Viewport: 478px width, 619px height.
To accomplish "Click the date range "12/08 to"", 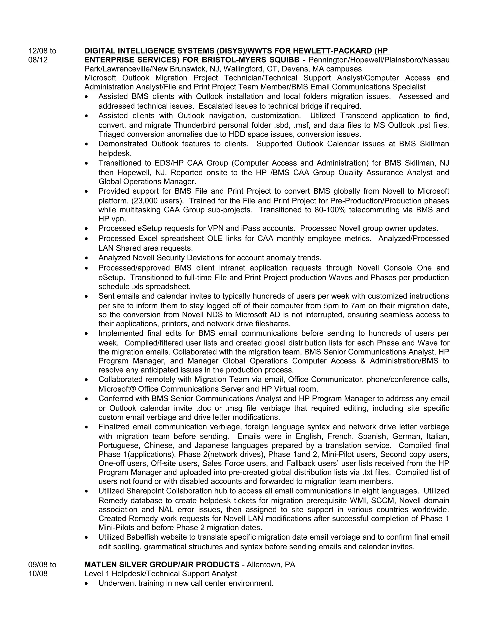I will coord(42,51).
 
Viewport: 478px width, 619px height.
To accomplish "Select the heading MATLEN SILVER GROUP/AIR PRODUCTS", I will coord(162,564).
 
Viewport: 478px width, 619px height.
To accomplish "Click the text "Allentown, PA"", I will coord(271,564).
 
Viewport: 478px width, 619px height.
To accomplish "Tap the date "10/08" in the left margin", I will coord(38,573).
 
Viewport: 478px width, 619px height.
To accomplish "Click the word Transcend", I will coord(358,116).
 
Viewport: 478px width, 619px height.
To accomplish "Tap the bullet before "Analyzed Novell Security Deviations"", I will coord(86,258).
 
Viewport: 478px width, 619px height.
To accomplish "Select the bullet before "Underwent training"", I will coord(86,583).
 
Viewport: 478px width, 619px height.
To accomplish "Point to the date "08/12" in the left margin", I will coord(38,60).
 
